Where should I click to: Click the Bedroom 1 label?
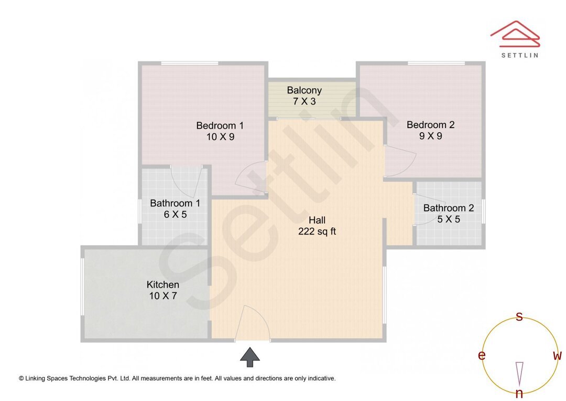coord(220,125)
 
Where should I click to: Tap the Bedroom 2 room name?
coord(430,125)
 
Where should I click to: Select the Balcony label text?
coord(304,90)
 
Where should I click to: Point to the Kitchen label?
coord(163,284)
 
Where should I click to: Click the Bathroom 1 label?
coord(175,203)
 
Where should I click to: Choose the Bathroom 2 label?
coord(449,208)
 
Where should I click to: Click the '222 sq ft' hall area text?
coord(317,231)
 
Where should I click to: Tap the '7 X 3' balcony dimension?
coord(304,102)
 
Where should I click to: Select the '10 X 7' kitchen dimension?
coord(163,296)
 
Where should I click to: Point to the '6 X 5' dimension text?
coord(175,214)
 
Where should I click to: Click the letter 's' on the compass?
coord(519,316)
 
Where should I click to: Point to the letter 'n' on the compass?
coord(519,394)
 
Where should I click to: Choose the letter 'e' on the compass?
coord(481,356)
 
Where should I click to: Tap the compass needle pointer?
coord(519,373)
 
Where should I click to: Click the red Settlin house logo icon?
coord(515,34)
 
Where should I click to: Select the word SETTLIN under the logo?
coord(519,55)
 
